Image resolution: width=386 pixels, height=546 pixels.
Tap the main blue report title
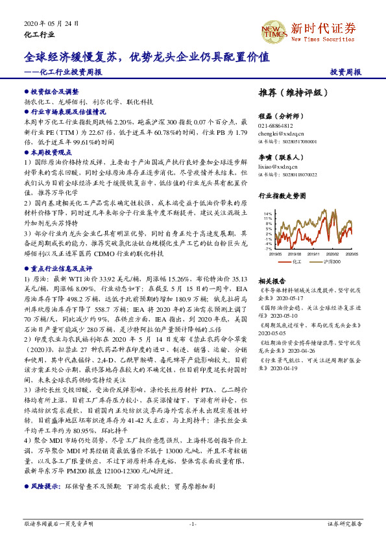147,57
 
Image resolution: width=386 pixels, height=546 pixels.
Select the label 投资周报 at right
345,72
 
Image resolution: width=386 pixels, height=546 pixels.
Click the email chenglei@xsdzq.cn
280,133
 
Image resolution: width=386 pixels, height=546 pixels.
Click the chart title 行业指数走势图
282,195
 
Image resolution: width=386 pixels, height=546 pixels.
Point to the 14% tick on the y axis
268,213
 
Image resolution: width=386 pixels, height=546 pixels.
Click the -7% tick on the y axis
268,248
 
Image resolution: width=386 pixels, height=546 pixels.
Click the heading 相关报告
269,282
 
